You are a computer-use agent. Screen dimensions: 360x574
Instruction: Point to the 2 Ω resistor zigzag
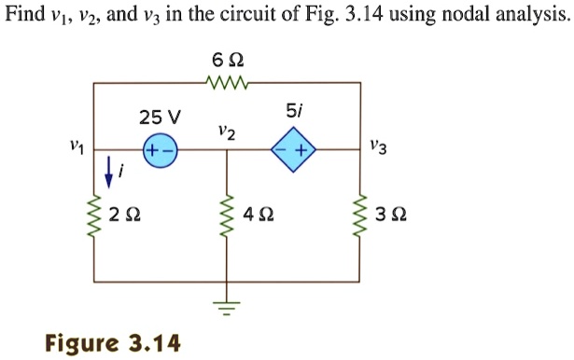(93, 216)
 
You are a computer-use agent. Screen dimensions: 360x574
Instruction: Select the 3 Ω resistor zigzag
(360, 216)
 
